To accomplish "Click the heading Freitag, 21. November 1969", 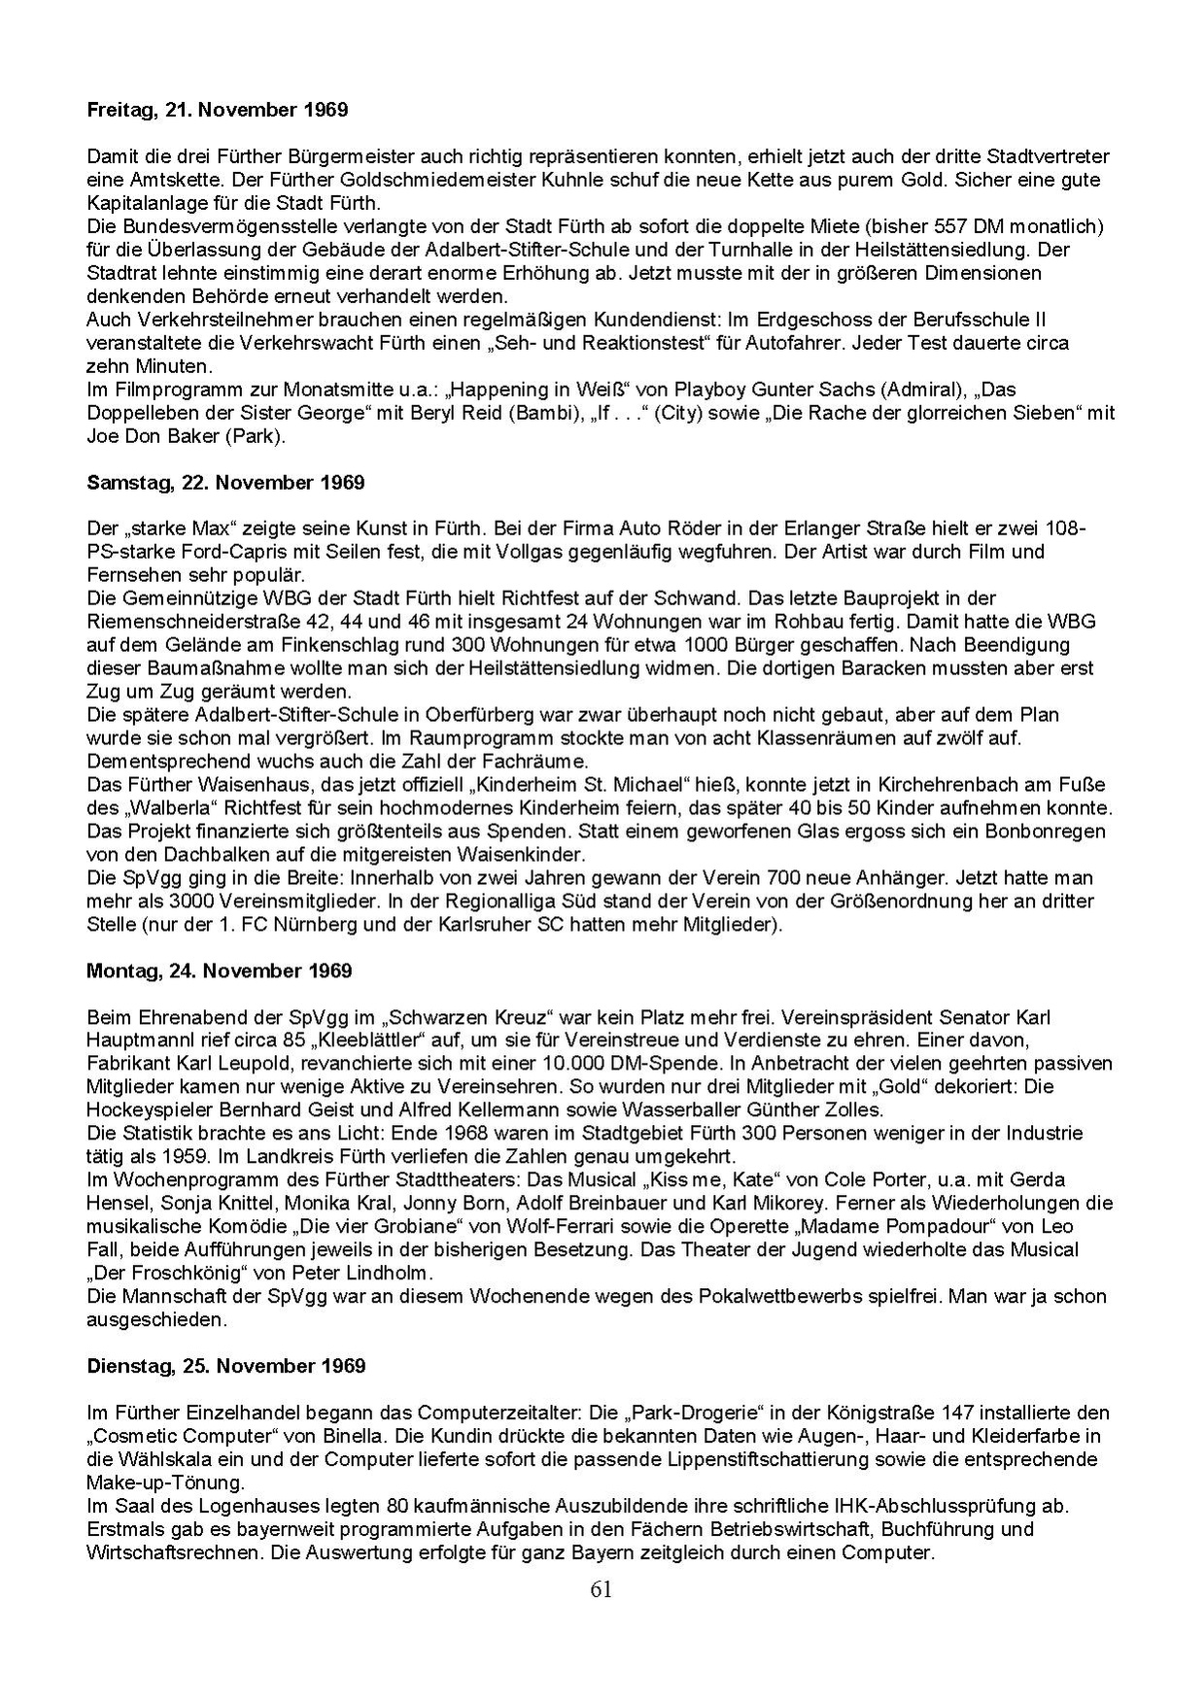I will [217, 110].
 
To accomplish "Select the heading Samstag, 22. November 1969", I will [225, 483].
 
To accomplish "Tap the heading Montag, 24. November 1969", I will [219, 971].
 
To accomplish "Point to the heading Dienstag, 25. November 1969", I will [225, 1366].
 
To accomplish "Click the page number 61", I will [601, 1589].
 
